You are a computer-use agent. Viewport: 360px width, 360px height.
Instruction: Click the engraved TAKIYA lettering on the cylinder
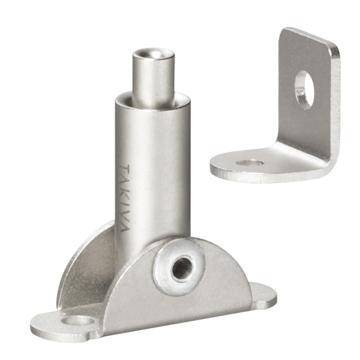tap(125, 197)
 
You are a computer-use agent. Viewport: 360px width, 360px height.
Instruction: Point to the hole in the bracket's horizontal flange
tap(250, 163)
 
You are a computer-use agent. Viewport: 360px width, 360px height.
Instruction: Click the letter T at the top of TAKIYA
tap(125, 169)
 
